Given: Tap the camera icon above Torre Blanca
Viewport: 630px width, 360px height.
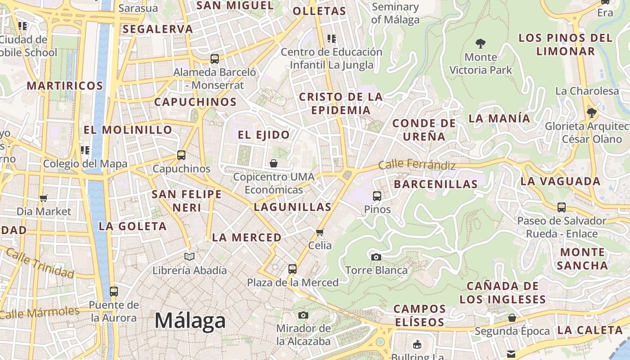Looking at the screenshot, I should pyautogui.click(x=376, y=257).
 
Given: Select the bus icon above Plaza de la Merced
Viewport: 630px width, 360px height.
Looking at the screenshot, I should pyautogui.click(x=292, y=269).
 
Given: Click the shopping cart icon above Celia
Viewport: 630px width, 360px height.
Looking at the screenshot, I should pyautogui.click(x=320, y=232).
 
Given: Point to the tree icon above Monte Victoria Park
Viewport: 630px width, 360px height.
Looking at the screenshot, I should pyautogui.click(x=481, y=44).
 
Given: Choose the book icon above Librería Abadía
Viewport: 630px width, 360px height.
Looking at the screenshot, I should pyautogui.click(x=189, y=257).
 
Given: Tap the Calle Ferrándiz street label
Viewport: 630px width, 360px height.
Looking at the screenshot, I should pyautogui.click(x=417, y=165).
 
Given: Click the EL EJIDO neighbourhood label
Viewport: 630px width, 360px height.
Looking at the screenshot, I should pyautogui.click(x=264, y=135).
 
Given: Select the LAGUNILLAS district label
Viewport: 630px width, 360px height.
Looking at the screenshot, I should pyautogui.click(x=292, y=207).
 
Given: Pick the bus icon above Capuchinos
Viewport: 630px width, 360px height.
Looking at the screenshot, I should pyautogui.click(x=181, y=155).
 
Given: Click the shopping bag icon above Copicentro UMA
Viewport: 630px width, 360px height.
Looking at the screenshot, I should pyautogui.click(x=274, y=163).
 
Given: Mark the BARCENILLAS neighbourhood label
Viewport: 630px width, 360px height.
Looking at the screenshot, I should pyautogui.click(x=436, y=184).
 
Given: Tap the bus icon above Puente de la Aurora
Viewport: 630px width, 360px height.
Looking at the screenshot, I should pyautogui.click(x=114, y=291).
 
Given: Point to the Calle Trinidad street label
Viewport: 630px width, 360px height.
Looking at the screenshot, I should pyautogui.click(x=40, y=264).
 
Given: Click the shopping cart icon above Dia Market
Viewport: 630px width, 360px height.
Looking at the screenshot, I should pyautogui.click(x=44, y=198).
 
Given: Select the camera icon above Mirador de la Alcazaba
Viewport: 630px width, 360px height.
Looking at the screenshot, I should pyautogui.click(x=303, y=315).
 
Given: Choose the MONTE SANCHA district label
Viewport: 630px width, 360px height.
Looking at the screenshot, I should pyautogui.click(x=582, y=258).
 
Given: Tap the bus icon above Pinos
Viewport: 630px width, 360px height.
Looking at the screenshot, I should pyautogui.click(x=377, y=196).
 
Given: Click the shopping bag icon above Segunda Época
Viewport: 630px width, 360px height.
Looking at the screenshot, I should pyautogui.click(x=512, y=318).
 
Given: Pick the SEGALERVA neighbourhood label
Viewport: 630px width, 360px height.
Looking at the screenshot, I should pyautogui.click(x=157, y=29).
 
